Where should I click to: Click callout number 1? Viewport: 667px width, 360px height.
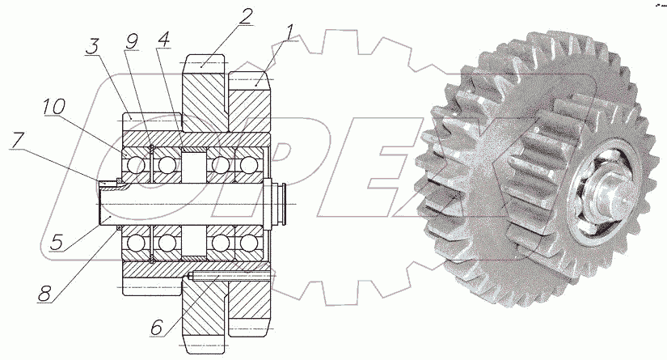290,33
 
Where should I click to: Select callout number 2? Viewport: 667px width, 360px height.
245,17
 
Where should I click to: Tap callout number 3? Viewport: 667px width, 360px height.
93,46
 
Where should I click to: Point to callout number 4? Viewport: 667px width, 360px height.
163,39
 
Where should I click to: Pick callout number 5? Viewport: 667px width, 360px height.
57,243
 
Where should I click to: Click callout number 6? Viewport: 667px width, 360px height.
157,327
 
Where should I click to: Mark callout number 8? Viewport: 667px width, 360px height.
44,293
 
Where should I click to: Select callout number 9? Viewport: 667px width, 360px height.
132,41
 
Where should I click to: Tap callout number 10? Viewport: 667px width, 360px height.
54,107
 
